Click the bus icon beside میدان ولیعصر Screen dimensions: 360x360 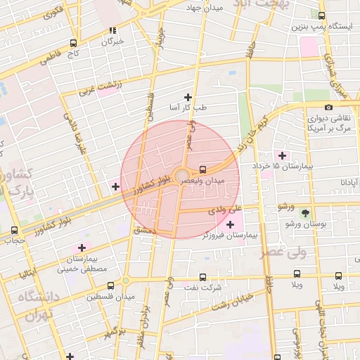tap(203, 169)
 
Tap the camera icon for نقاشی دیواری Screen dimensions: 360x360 tap(329, 107)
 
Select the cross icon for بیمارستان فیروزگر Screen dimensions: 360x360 tap(230, 224)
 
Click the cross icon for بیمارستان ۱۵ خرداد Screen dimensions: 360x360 tap(283, 155)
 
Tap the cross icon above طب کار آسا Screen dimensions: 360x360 tap(188, 97)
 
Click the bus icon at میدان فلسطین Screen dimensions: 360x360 tap(111, 285)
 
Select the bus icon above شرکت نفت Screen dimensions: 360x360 tap(203, 277)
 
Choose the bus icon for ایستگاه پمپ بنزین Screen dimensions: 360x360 tap(321, 15)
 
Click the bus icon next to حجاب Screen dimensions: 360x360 tap(15, 230)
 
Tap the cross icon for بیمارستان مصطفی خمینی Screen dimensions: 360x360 tap(82, 247)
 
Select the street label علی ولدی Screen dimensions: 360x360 tap(225, 210)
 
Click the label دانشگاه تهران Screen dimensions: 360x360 tap(33, 307)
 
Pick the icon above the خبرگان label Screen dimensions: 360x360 tap(112, 30)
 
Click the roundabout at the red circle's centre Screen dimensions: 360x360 tap(181, 174)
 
